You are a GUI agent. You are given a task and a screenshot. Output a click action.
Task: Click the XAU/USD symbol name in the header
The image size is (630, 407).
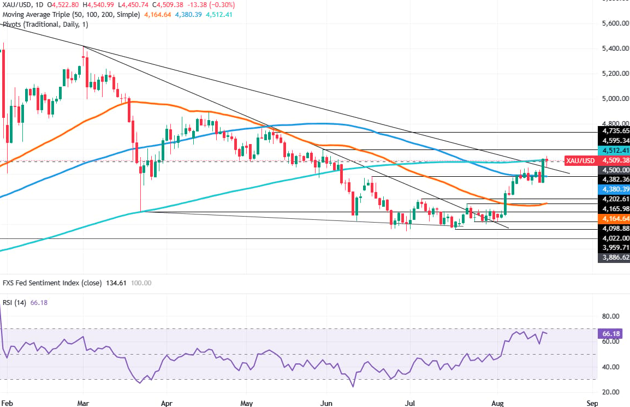pos(16,5)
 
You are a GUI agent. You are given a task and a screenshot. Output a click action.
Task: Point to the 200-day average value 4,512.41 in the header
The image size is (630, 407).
pos(219,14)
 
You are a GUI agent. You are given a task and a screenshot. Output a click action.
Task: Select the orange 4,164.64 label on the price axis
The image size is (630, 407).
pos(614,219)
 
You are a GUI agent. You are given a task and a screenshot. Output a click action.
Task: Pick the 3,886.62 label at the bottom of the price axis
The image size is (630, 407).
pos(614,258)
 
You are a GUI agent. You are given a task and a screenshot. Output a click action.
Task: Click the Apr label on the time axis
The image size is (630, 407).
pos(167,403)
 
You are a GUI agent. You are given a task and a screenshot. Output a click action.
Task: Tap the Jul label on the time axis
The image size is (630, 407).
pos(410,403)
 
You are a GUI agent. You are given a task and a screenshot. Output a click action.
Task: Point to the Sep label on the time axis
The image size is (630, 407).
pos(592,403)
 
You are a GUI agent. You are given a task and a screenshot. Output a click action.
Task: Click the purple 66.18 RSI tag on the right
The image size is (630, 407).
pos(610,333)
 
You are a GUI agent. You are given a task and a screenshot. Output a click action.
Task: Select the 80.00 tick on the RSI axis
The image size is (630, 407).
pos(611,316)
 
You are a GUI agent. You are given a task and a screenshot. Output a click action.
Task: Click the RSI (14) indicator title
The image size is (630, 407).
pos(14,303)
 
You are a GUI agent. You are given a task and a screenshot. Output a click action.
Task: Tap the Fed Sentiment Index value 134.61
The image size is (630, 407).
pos(116,283)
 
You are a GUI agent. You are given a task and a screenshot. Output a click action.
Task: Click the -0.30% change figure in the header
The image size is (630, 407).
pos(223,5)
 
